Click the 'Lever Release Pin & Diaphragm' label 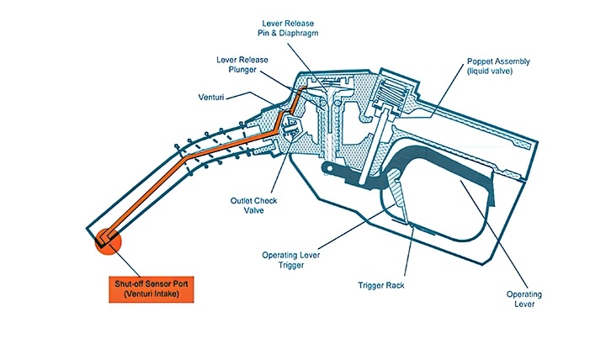(x=288, y=29)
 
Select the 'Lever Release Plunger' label (x=242, y=65)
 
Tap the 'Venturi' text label (x=211, y=97)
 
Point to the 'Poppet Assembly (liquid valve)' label (x=498, y=66)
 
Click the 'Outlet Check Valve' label (x=253, y=205)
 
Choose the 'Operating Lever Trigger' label (x=290, y=260)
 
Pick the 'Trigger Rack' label (x=381, y=285)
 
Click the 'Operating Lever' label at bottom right (x=524, y=299)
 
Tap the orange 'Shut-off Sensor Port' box (x=151, y=289)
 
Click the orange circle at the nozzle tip (x=109, y=241)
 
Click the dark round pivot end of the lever (x=327, y=167)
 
